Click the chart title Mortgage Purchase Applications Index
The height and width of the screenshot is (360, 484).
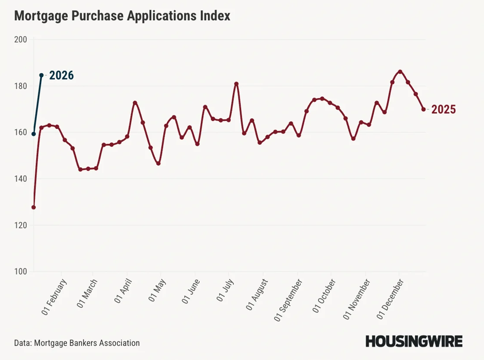(122, 16)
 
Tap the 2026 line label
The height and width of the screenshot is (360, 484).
(61, 76)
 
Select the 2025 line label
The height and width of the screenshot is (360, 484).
(443, 110)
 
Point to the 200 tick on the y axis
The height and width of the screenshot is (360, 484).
(21, 40)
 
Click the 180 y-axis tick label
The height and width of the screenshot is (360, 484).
(21, 86)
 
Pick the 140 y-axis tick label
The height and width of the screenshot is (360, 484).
(21, 179)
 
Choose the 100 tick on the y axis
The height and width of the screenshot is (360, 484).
(21, 272)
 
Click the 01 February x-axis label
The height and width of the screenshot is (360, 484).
(54, 298)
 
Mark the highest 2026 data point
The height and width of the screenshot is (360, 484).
(41, 75)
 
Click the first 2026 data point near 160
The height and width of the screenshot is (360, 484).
(34, 134)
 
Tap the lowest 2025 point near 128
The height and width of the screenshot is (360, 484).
(34, 207)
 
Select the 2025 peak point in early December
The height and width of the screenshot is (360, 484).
(400, 72)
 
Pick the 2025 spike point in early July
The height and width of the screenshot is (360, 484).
(236, 84)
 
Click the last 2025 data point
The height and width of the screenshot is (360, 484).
(423, 109)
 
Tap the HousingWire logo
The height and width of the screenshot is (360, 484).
(414, 341)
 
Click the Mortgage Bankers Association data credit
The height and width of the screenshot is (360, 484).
(77, 343)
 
